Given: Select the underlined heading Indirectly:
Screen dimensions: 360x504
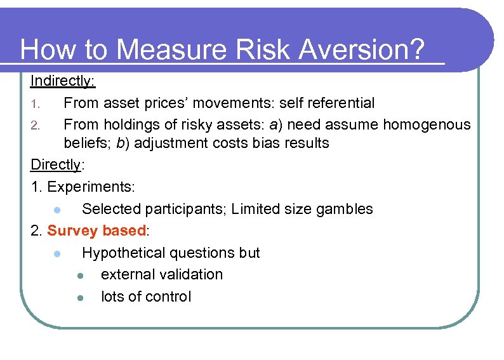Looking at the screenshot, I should click(63, 81).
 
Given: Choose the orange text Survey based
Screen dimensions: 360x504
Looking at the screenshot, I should click(96, 230).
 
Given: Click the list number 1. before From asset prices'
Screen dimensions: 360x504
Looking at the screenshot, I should click(37, 103).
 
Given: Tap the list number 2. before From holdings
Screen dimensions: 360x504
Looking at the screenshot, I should click(37, 125).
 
